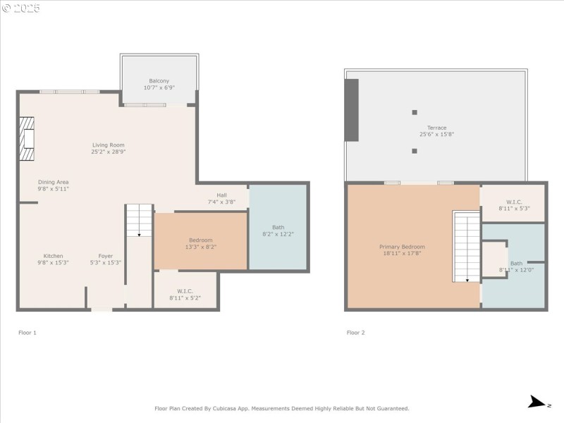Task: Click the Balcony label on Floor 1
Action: (x=159, y=80)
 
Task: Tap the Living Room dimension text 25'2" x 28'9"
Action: (x=107, y=152)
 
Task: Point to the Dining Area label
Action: (x=53, y=182)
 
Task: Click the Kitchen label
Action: (x=53, y=256)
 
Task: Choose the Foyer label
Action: (x=105, y=256)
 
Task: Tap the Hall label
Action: (x=221, y=195)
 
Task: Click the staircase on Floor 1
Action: (x=139, y=221)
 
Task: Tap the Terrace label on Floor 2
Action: (x=436, y=128)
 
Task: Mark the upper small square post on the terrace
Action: (x=415, y=112)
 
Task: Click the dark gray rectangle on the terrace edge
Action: (x=351, y=109)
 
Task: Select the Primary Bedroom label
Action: (x=402, y=247)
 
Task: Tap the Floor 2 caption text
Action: (x=355, y=332)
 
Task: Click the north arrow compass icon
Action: (x=538, y=403)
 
